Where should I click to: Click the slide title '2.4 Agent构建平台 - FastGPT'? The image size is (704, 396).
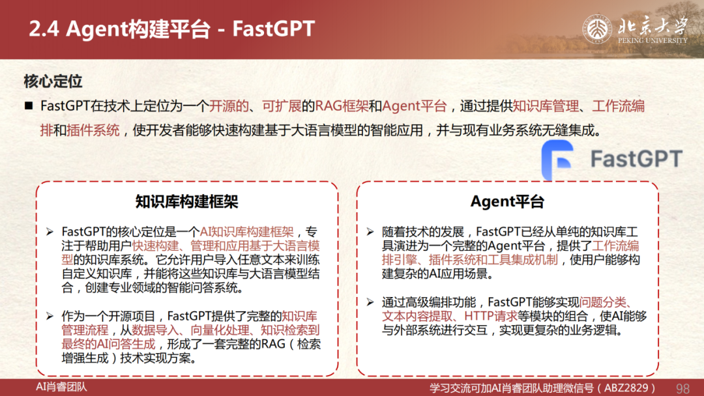tap(172, 29)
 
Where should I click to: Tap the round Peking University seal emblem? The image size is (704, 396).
tap(597, 29)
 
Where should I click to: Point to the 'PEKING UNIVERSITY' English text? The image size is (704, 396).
tap(653, 40)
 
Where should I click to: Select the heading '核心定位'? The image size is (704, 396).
tap(53, 81)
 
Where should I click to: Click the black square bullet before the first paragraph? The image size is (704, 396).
tap(29, 106)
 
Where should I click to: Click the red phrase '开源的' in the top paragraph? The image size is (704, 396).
tap(229, 106)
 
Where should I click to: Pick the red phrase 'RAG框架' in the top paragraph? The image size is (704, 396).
tap(342, 106)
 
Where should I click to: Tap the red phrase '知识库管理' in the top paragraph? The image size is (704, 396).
tap(546, 106)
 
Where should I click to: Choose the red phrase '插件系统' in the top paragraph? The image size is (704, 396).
tap(93, 130)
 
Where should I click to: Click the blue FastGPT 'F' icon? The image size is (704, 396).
tap(557, 160)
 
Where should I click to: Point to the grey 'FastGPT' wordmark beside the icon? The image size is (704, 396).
tap(636, 159)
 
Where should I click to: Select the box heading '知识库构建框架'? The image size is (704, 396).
tap(187, 202)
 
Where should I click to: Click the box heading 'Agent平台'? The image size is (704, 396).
tap(507, 202)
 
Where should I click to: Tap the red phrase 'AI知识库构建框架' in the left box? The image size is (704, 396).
tap(246, 232)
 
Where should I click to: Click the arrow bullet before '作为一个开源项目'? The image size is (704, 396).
tap(50, 316)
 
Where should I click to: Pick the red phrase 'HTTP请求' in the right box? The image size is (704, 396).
tap(491, 316)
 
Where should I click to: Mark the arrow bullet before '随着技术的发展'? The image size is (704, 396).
tap(370, 232)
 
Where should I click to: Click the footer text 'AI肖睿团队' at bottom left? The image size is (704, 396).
tap(61, 387)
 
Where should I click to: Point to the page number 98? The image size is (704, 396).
tap(682, 388)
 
